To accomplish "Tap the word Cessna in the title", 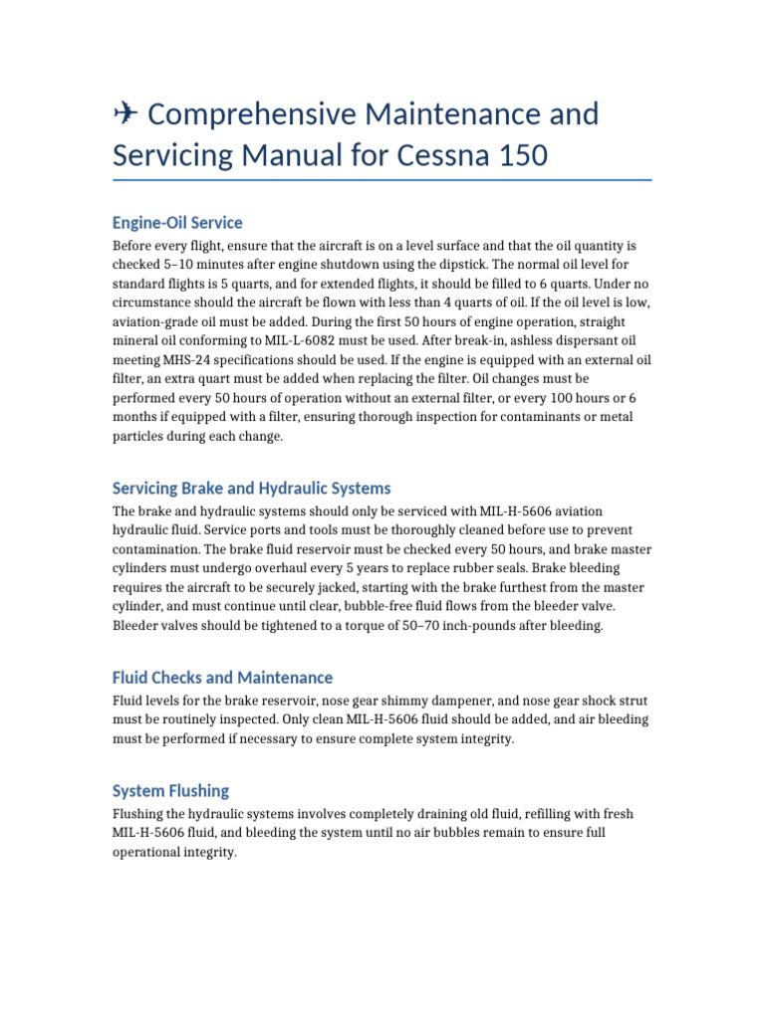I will click(x=447, y=155).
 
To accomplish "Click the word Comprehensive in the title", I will click(x=250, y=114).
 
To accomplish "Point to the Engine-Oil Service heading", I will click(x=177, y=222).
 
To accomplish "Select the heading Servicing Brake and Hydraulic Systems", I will click(x=251, y=488).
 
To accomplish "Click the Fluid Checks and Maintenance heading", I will click(x=222, y=677).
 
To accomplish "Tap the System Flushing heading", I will click(x=170, y=790).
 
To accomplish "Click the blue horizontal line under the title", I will click(x=382, y=181).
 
